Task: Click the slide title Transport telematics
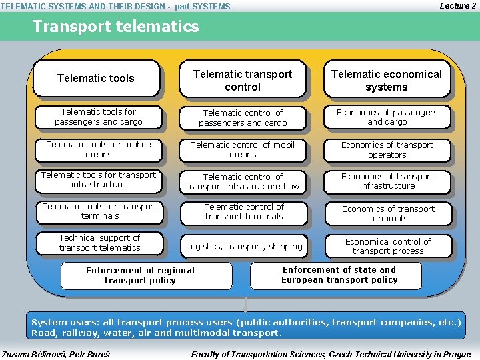[115, 27]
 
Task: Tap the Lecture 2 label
[457, 6]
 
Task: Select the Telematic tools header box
[96, 79]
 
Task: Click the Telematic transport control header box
[243, 81]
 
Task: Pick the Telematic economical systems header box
[387, 81]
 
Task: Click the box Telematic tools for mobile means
[99, 149]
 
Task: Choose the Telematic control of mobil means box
[243, 149]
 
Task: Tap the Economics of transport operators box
[387, 150]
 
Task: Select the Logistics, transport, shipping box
[244, 247]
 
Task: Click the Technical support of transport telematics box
[99, 243]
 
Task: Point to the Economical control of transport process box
[388, 246]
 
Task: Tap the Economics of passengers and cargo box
[387, 117]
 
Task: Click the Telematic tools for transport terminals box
[100, 211]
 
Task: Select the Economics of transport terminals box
[388, 213]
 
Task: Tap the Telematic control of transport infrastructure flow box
[243, 181]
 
